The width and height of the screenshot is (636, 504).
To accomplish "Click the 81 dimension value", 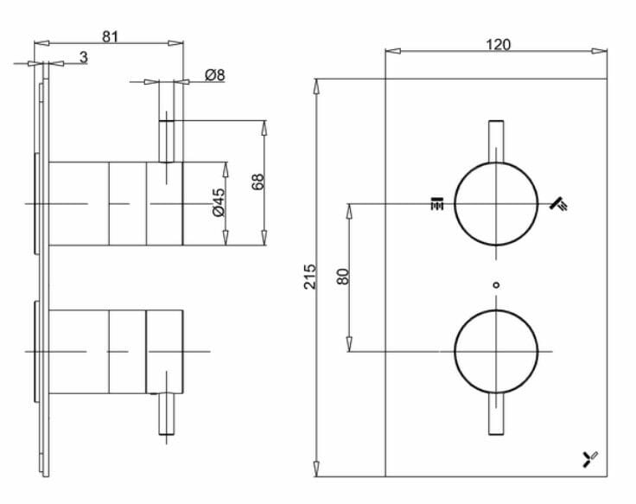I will point(110,36).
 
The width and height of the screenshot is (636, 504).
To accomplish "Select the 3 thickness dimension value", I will point(83,57).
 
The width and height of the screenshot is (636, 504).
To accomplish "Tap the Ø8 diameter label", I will point(215,75).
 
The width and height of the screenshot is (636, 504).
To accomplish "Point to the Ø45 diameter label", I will point(218,202).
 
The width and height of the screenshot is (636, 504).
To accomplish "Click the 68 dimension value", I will point(257,182).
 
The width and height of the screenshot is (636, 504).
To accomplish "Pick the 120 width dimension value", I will point(498,44).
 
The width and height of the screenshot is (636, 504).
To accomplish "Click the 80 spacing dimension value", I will point(342,277).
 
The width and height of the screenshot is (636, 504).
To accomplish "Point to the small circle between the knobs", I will point(496,284).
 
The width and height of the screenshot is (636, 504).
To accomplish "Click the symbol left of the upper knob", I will point(436,204).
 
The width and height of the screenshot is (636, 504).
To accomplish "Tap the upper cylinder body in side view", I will point(116,203).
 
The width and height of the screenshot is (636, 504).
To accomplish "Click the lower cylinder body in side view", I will point(116,350).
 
